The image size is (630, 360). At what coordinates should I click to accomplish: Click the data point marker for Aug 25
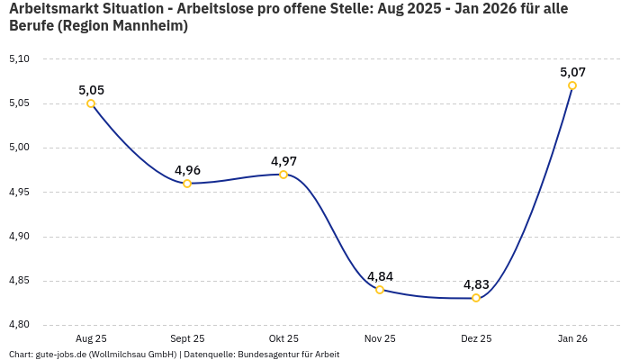[91, 103]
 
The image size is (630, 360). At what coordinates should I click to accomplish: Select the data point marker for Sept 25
[187, 184]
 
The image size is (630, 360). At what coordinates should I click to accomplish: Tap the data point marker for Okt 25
[283, 175]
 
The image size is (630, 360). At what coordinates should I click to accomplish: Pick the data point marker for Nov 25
[380, 290]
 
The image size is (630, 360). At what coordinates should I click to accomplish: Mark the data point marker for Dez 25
[476, 298]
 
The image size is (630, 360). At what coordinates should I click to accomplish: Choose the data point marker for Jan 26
[572, 85]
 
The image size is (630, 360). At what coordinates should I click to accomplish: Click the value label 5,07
[572, 72]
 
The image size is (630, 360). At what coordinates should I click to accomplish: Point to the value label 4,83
[476, 284]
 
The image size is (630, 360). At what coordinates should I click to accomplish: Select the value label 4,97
[283, 161]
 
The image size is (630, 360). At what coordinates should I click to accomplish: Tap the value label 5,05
[91, 90]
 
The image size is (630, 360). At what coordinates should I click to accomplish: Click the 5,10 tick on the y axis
[19, 59]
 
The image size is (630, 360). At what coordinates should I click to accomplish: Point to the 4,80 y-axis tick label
[19, 325]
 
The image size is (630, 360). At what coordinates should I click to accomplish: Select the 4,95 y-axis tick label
[19, 192]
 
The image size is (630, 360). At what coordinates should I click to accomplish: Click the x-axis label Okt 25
[283, 338]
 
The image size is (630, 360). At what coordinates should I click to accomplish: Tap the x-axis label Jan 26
[572, 338]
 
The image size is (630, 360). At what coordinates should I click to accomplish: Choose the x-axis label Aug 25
[91, 338]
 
